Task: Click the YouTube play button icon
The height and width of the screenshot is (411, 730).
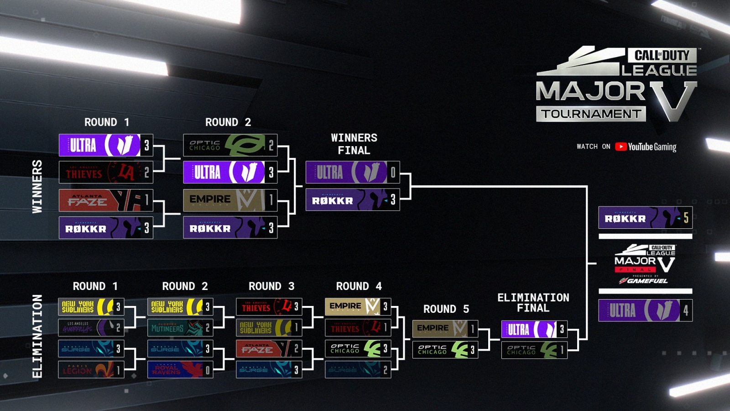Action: [x=620, y=147]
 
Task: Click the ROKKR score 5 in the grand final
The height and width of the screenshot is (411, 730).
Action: [x=686, y=218]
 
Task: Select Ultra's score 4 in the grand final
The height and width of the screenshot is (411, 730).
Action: [x=686, y=311]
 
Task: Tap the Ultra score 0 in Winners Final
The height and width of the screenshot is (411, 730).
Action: [x=393, y=172]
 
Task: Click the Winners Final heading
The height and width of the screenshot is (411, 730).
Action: [x=354, y=144]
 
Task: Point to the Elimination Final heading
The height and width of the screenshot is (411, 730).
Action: [x=533, y=303]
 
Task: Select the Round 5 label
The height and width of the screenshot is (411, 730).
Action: [x=446, y=309]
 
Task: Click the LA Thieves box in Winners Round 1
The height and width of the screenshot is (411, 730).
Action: [x=105, y=173]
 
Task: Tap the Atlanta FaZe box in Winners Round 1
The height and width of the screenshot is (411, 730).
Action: [x=105, y=200]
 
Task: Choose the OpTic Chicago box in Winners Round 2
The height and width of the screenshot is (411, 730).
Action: [x=229, y=145]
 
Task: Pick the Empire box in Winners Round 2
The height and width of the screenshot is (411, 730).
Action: [x=229, y=200]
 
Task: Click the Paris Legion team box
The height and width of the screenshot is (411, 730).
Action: [x=91, y=370]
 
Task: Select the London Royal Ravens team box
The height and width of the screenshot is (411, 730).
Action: [x=180, y=370]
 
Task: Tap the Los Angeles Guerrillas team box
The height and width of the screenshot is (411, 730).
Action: [x=91, y=327]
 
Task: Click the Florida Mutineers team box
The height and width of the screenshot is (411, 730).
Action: [x=180, y=327]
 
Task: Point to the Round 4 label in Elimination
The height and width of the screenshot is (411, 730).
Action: [x=359, y=286]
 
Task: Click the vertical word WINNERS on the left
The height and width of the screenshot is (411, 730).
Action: [x=37, y=186]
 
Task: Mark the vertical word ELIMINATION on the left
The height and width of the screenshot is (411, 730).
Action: [x=37, y=336]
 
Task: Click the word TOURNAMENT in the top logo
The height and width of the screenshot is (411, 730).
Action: [x=591, y=114]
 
